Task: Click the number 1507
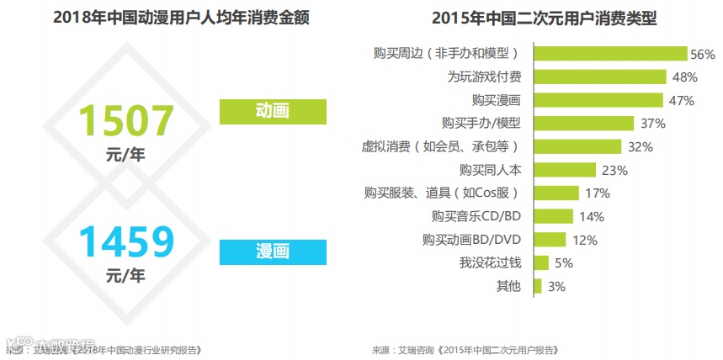pyautogui.click(x=125, y=121)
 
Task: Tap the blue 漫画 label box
pyautogui.click(x=271, y=251)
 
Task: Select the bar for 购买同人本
pyautogui.click(x=563, y=170)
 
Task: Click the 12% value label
pyautogui.click(x=585, y=240)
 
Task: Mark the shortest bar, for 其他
pyautogui.click(x=538, y=286)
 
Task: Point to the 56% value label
pyautogui.click(x=702, y=54)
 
